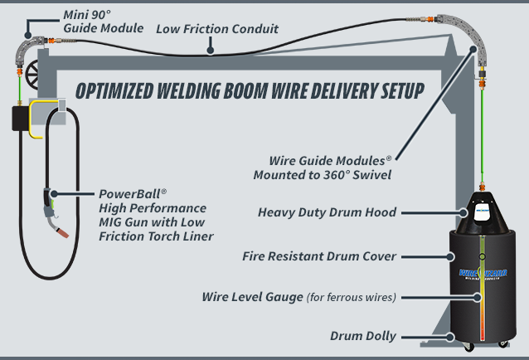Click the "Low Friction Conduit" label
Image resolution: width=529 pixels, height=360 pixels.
pos(217,29)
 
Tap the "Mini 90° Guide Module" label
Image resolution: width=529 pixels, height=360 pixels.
pos(104,22)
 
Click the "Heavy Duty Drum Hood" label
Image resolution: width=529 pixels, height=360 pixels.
pos(327,212)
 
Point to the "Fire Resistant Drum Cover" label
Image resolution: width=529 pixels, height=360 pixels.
pos(319,256)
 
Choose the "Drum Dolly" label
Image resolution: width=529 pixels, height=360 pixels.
pos(363,336)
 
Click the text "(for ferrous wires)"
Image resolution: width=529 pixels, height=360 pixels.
pos(352,297)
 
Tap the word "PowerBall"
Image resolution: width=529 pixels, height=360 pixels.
pos(129,194)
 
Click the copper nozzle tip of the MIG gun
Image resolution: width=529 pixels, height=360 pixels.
pos(63,233)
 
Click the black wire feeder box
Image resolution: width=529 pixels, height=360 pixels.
pos(21,118)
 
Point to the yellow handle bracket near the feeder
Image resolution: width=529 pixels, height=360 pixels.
pos(36,119)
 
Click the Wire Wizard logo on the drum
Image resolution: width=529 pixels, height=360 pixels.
pos(483,274)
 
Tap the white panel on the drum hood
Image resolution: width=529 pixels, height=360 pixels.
pos(482,212)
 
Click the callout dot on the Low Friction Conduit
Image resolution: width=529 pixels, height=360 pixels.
pos(210,51)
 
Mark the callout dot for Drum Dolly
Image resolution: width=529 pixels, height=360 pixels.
pos(449,337)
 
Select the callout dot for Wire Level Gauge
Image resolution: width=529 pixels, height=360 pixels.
pos(477,297)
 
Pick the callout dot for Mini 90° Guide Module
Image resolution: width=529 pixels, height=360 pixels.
pos(28,35)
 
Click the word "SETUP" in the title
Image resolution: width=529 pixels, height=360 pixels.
pos(402,90)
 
